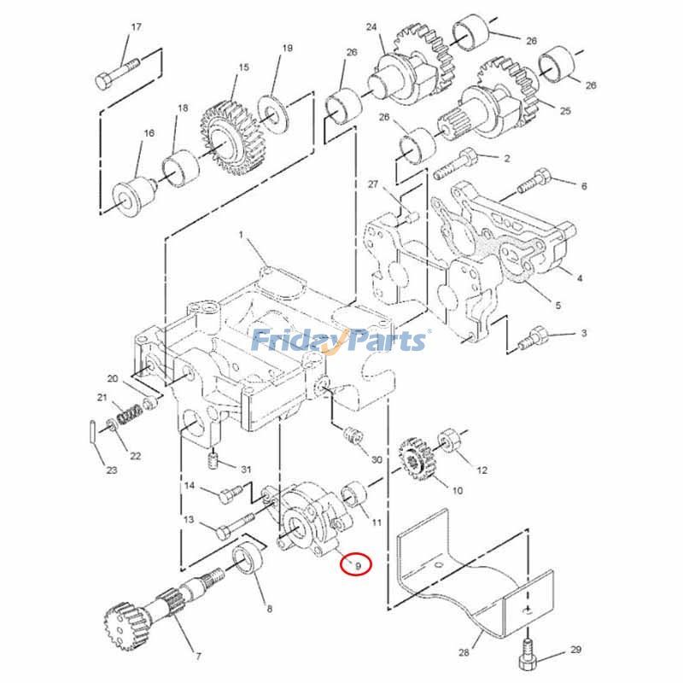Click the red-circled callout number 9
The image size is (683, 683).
point(358,564)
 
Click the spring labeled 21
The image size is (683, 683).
point(129,415)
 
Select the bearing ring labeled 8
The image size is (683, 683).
point(249,560)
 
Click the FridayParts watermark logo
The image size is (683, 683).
point(339,341)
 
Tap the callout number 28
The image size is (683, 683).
point(464,653)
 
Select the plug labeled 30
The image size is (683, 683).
point(349,435)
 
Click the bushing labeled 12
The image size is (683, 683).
point(448,443)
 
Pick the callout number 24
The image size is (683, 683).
point(371,27)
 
